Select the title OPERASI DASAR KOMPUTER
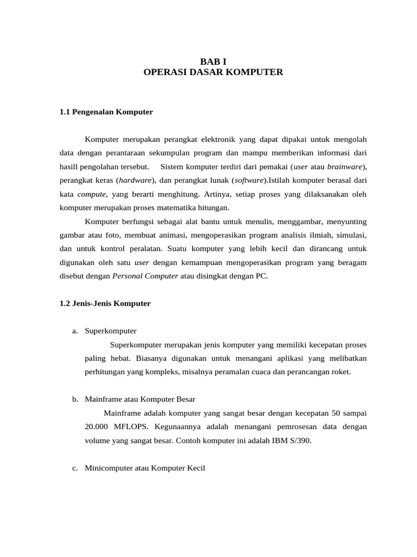213,72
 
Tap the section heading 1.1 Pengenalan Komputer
106,112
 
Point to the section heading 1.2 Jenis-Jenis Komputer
105,304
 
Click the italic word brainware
346,166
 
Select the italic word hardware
136,180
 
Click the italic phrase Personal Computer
145,276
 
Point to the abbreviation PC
261,276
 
